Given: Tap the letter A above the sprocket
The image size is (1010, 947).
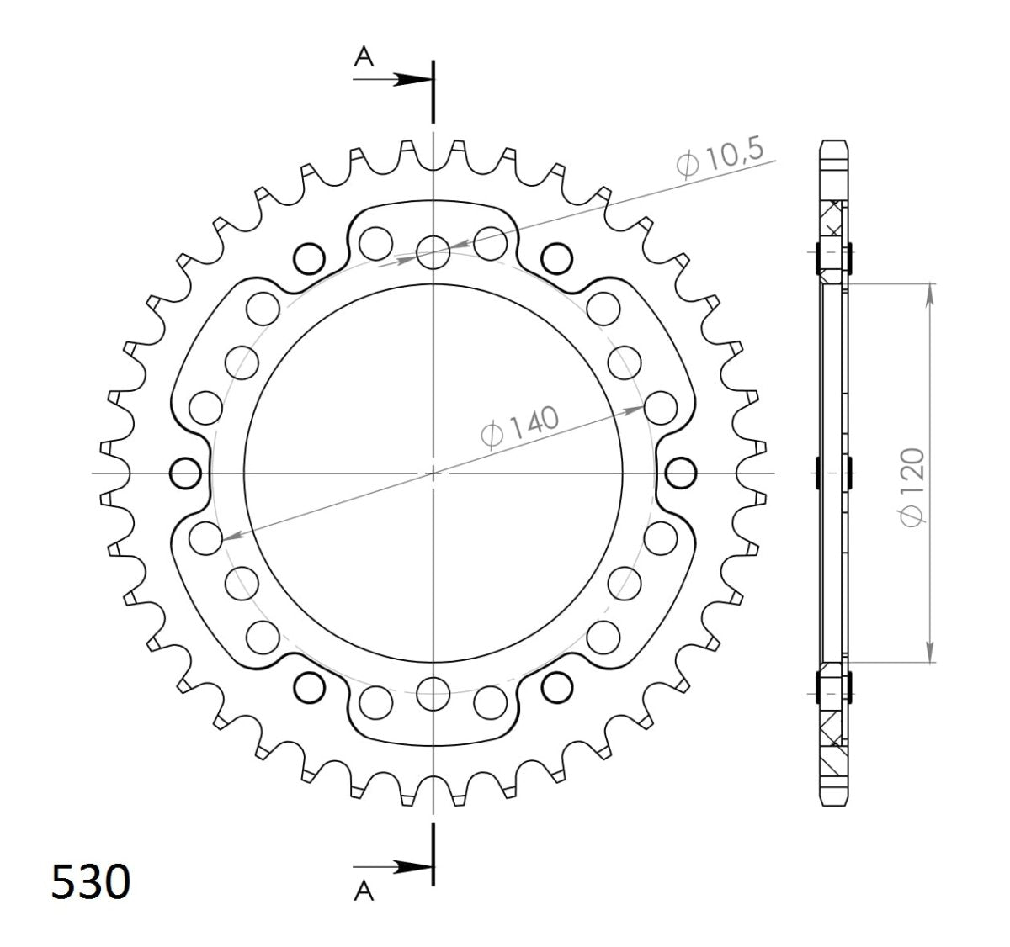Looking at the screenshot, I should tap(364, 56).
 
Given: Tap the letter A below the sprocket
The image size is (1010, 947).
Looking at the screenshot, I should tap(364, 892).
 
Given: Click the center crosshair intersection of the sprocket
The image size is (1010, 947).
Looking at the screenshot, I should tap(433, 473).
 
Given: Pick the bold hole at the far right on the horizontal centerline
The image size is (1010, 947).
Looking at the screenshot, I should tap(680, 473).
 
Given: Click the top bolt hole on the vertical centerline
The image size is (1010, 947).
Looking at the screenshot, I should tap(433, 251).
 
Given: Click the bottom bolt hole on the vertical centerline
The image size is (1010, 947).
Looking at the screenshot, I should tap(433, 694).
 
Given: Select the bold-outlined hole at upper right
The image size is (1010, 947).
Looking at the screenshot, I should tap(556, 256).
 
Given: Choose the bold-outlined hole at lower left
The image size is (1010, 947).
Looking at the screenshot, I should tap(309, 688).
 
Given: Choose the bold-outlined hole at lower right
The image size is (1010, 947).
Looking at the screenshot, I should tap(556, 688).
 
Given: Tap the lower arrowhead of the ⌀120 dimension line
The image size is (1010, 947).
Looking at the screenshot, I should tap(930, 653).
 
